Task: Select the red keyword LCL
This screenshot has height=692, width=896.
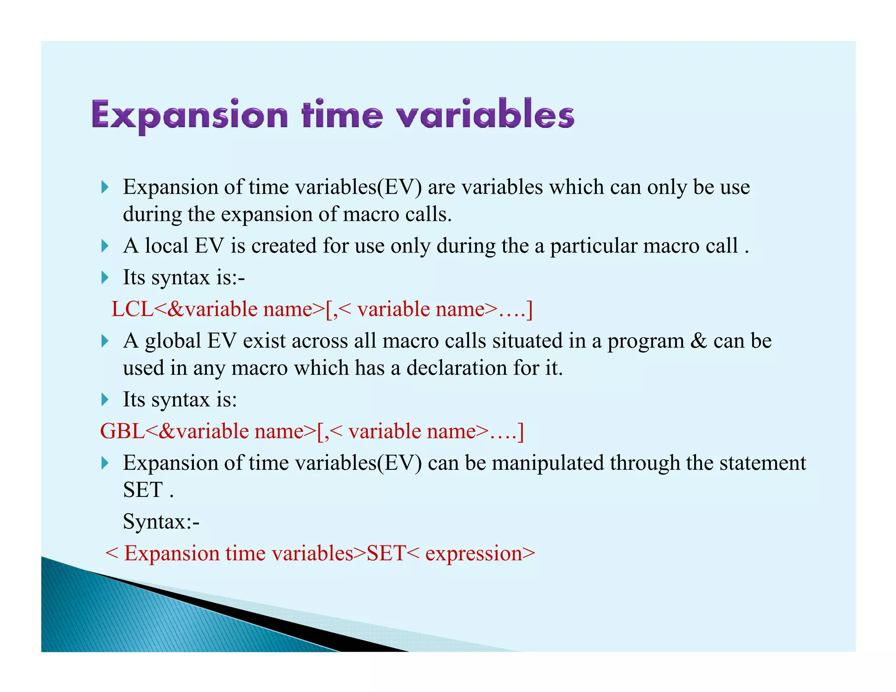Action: coord(133,309)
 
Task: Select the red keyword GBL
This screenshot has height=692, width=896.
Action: coord(122,431)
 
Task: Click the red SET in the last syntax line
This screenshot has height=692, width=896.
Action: coord(386,553)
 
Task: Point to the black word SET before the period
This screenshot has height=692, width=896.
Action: coord(143,490)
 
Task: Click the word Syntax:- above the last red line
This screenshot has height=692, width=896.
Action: coord(161,521)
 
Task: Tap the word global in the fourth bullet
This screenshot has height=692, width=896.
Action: coord(173,341)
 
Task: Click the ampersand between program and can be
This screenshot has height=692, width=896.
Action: coord(699,341)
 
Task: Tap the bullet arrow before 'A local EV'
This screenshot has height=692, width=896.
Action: coord(105,246)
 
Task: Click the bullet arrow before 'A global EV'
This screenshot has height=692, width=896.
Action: coord(105,341)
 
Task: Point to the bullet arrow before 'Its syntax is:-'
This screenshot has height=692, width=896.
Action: coord(105,277)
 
